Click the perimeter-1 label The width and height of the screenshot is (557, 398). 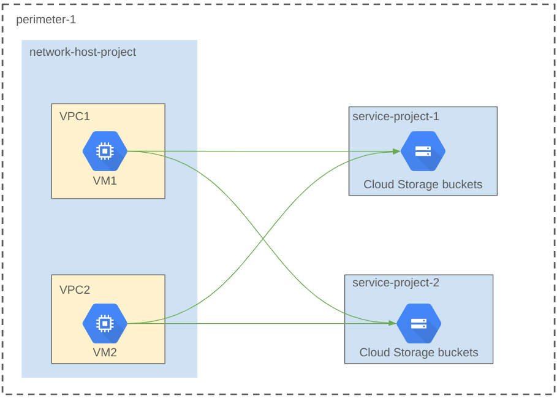click(46, 20)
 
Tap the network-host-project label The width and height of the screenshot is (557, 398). click(83, 52)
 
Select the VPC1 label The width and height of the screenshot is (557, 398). click(75, 117)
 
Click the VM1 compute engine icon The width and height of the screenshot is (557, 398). click(105, 151)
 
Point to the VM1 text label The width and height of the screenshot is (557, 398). click(105, 181)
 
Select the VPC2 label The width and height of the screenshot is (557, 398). click(75, 289)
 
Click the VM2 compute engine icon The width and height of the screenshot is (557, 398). click(105, 323)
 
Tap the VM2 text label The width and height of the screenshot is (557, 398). click(105, 353)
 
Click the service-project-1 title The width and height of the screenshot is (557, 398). click(396, 117)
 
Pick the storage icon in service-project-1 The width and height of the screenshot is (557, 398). click(423, 151)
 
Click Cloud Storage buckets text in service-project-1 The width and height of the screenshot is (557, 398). click(423, 185)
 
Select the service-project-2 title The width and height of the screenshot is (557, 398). click(396, 283)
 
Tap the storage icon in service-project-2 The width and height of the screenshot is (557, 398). click(419, 323)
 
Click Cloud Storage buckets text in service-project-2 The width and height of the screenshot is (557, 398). click(419, 353)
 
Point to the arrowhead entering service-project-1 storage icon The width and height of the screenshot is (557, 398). click(396, 151)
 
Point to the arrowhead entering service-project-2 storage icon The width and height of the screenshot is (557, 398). click(392, 323)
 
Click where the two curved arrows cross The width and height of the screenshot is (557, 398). click(263, 237)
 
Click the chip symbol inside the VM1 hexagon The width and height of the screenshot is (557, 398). click(105, 151)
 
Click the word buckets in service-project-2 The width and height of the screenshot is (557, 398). click(455, 353)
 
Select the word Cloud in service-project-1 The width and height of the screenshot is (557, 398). click(378, 185)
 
